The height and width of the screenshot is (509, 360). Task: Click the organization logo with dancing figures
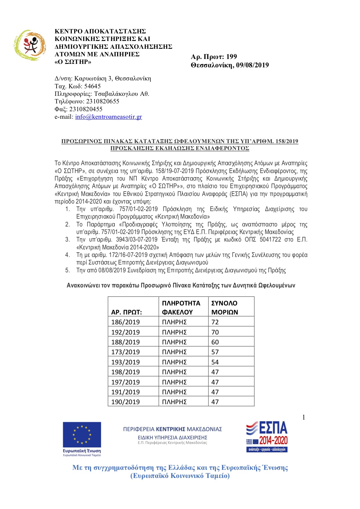click(x=30, y=45)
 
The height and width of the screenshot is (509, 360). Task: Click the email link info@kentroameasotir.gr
click(x=108, y=117)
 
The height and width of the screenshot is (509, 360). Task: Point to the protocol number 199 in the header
click(x=231, y=57)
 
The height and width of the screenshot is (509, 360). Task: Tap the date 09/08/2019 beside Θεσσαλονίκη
click(x=252, y=65)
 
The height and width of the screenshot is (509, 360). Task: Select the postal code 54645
click(x=92, y=86)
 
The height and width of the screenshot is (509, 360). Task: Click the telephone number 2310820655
click(x=102, y=101)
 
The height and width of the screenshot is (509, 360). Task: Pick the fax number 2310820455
click(x=86, y=109)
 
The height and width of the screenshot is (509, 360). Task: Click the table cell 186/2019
click(x=125, y=322)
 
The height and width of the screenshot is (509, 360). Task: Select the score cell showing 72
click(x=215, y=322)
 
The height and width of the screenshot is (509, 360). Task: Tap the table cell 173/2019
click(x=125, y=352)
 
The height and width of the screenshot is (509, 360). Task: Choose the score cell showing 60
click(x=215, y=342)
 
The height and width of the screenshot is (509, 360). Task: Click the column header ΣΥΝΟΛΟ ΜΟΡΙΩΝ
click(x=225, y=307)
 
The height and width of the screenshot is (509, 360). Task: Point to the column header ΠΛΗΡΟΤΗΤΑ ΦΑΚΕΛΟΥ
click(x=181, y=307)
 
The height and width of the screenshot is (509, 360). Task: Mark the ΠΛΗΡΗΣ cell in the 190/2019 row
click(x=174, y=402)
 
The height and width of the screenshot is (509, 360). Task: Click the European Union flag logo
click(x=82, y=435)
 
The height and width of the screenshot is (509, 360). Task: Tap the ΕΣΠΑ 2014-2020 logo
click(x=267, y=436)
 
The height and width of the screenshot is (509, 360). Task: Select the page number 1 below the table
click(x=304, y=418)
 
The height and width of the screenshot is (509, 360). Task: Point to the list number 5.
click(x=67, y=270)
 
